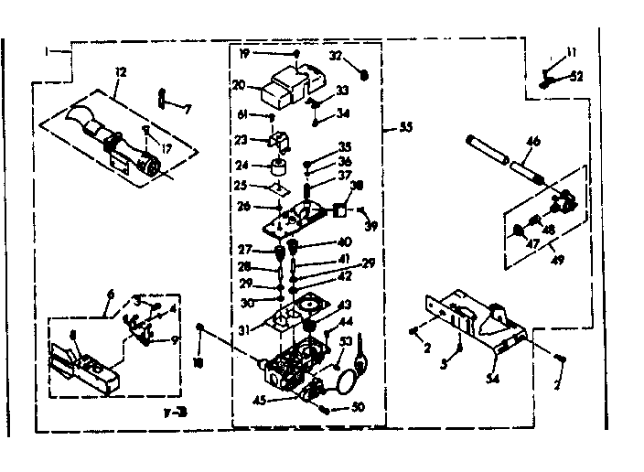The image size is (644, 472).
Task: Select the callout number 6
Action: coord(111,294)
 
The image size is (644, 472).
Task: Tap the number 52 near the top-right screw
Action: coord(575,76)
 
